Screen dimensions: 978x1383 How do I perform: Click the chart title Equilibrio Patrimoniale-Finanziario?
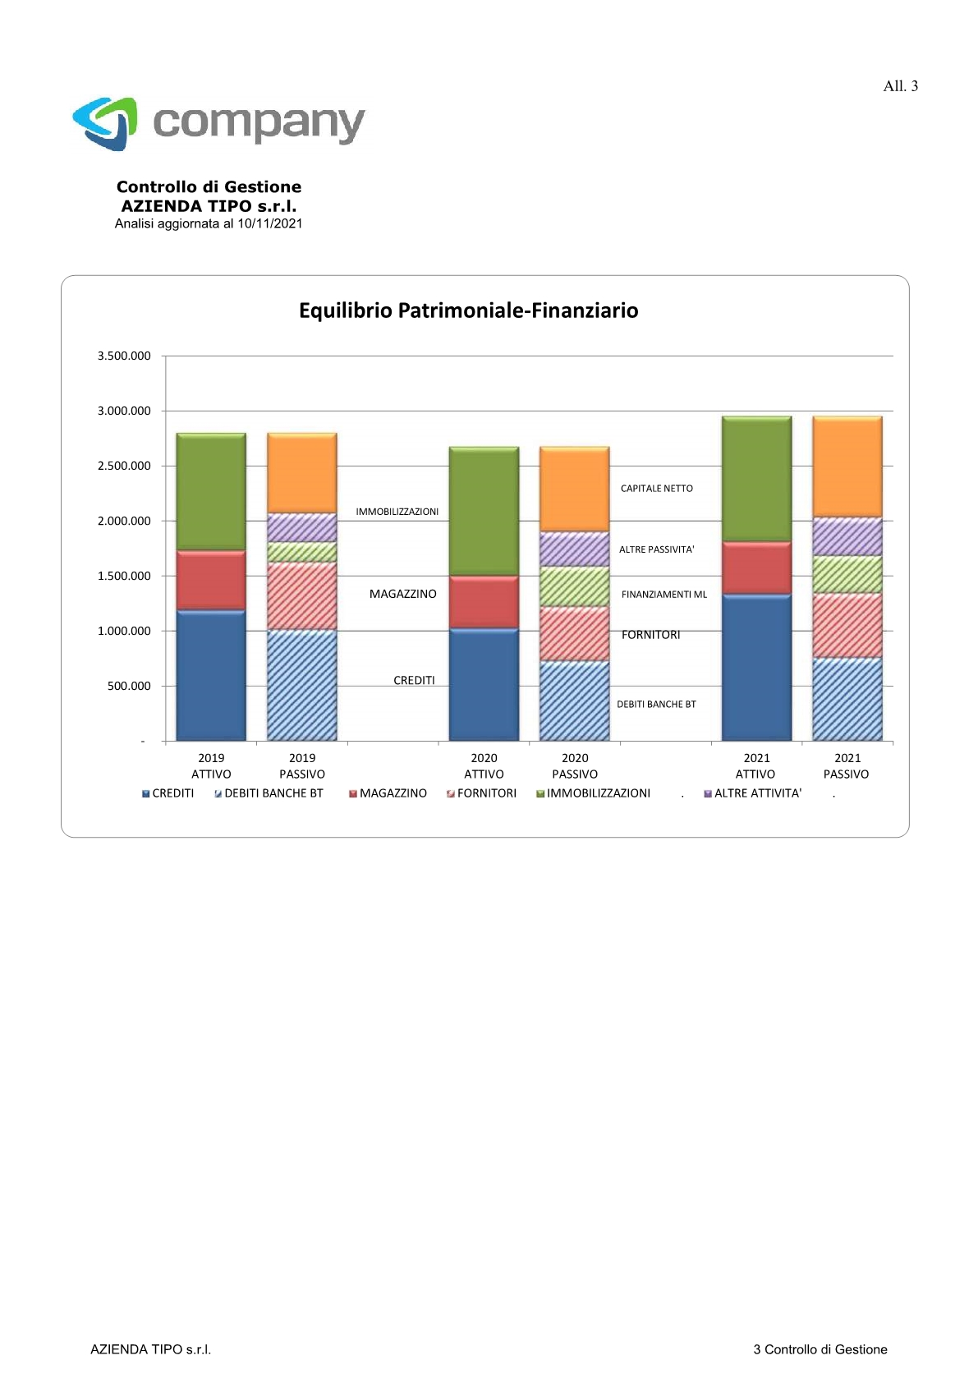(x=469, y=310)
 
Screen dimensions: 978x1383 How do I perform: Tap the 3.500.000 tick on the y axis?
(x=124, y=356)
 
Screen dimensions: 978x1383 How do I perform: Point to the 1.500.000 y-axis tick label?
(x=124, y=576)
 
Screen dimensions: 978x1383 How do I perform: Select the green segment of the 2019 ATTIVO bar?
(x=211, y=491)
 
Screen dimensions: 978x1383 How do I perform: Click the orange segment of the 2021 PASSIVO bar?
(x=847, y=466)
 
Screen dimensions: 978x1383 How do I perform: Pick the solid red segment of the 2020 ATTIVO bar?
(x=484, y=602)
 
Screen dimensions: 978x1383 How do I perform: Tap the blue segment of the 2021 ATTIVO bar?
(x=756, y=668)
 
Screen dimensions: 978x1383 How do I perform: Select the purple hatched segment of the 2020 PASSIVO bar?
(x=574, y=549)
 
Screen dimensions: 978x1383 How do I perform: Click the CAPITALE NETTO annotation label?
(x=656, y=489)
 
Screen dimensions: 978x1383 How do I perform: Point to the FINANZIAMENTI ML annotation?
(x=663, y=595)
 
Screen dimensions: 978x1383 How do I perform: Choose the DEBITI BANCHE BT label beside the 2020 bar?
(x=656, y=705)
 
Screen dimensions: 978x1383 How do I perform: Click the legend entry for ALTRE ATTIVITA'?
(x=753, y=793)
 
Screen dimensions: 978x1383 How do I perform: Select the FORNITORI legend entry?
(x=481, y=793)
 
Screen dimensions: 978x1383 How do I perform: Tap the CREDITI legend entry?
(x=168, y=793)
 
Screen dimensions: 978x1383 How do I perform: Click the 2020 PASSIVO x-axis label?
(x=575, y=765)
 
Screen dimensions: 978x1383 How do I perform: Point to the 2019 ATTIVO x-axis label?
(x=211, y=765)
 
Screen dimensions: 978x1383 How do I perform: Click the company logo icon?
(x=105, y=123)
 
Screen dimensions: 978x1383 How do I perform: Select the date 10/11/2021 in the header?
(x=270, y=223)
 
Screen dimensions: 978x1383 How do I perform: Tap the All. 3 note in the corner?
(x=900, y=85)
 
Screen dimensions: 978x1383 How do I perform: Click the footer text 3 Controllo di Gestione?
(x=820, y=1349)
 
